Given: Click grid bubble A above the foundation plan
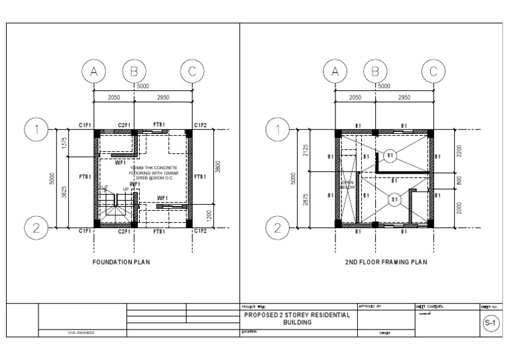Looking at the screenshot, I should (x=94, y=71).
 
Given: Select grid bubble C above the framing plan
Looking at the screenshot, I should (x=433, y=71).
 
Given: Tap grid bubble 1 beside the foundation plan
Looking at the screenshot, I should (x=36, y=130).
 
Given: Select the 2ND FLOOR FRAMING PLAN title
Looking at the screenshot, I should (x=386, y=262).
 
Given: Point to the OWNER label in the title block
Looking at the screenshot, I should (x=384, y=333).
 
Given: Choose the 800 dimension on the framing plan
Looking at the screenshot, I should (x=459, y=180).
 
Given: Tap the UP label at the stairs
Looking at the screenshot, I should (x=125, y=189).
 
